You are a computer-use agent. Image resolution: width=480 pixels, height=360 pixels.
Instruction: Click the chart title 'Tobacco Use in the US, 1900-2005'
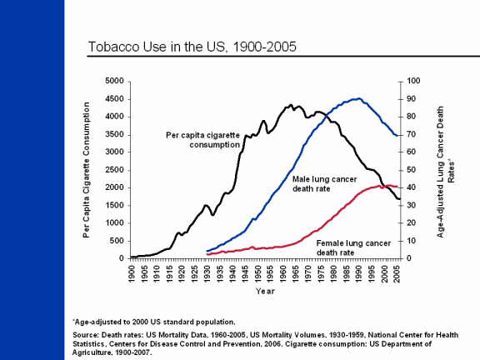tap(192, 47)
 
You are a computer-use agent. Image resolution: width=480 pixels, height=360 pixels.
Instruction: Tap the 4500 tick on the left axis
tap(114, 99)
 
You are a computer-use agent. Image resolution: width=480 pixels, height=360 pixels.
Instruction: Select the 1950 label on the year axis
tap(259, 273)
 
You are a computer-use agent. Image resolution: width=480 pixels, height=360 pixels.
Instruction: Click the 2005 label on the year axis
tap(397, 273)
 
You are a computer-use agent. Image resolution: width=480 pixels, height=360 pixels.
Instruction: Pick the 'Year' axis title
tap(265, 291)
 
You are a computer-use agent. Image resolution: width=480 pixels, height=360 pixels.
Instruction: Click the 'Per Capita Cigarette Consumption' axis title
tap(87, 170)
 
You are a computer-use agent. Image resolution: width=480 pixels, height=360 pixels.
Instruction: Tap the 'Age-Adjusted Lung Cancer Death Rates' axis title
tap(445, 172)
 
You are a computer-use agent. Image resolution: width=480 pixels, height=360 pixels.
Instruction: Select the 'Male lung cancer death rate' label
tap(324, 183)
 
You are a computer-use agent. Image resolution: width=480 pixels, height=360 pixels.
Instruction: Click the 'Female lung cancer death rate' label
tap(353, 247)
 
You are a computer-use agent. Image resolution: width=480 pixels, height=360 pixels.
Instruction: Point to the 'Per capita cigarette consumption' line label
tap(203, 140)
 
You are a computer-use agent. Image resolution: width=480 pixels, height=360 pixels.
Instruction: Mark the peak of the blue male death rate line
tap(359, 98)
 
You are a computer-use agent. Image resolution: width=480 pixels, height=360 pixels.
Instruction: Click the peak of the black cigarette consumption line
tap(291, 105)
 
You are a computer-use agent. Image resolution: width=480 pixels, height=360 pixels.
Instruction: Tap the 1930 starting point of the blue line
tap(207, 251)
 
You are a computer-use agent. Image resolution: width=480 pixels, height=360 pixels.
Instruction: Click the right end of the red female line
tap(397, 187)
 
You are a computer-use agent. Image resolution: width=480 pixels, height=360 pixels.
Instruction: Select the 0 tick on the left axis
tap(122, 258)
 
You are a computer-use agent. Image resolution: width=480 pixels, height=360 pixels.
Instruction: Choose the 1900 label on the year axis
tap(132, 273)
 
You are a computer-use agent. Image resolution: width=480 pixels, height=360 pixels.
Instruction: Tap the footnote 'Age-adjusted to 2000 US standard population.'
tap(154, 322)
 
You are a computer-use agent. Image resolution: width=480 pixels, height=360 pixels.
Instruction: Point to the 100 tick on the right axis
tap(413, 81)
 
